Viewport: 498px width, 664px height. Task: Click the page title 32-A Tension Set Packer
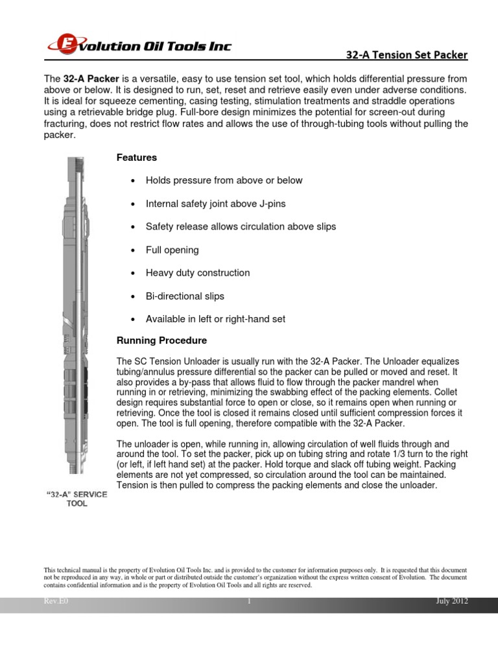[407, 55]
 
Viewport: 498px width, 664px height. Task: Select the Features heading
[136, 158]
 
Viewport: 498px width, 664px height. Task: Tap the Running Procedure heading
[161, 340]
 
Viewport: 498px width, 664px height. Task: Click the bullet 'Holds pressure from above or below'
[224, 180]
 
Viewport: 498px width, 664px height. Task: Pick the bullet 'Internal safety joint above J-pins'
[215, 204]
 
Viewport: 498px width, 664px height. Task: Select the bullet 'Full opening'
[172, 250]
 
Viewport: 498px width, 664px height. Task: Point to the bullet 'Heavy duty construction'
[197, 273]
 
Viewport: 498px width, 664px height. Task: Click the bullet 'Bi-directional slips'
[185, 296]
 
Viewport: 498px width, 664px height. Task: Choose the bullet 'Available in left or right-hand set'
[215, 319]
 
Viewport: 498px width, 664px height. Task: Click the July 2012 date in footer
[452, 602]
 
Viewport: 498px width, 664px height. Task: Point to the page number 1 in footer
[249, 602]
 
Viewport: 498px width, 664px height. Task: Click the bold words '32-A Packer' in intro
[91, 78]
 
